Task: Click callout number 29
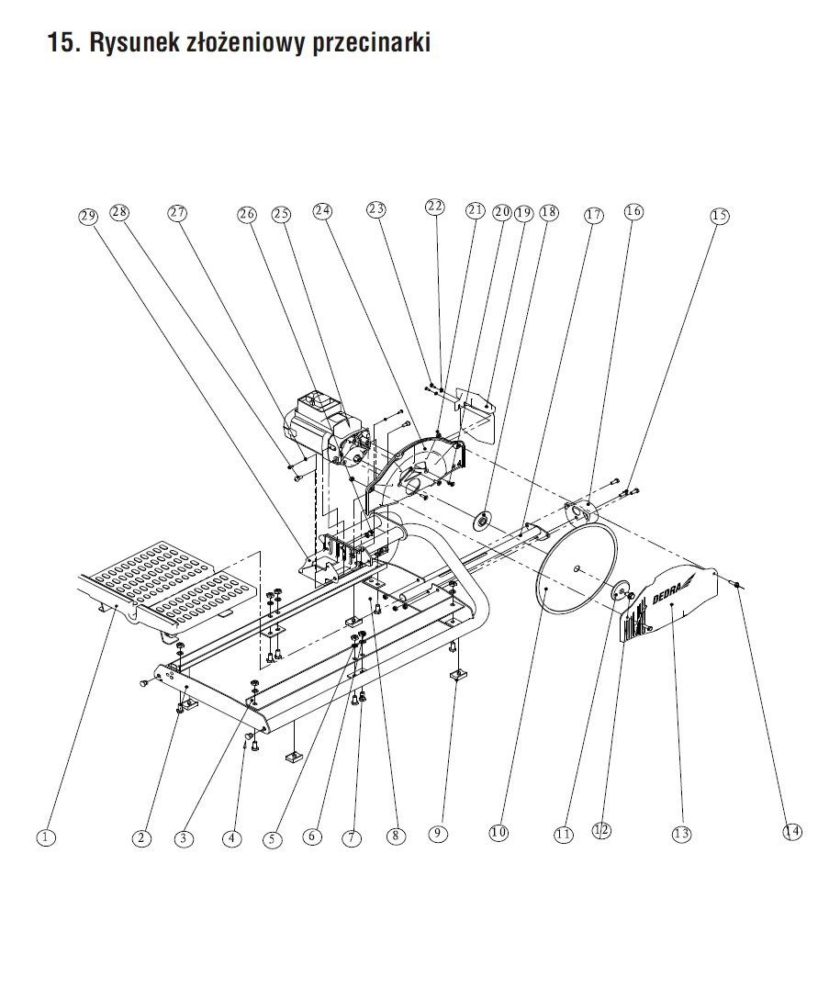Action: (x=88, y=217)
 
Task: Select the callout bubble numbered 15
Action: (x=720, y=216)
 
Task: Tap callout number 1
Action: (x=46, y=836)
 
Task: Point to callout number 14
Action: (x=791, y=831)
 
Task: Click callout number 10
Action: (x=498, y=833)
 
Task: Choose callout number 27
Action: (x=177, y=213)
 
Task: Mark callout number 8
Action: (x=395, y=836)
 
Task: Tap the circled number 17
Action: (x=593, y=216)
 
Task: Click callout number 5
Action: (x=272, y=837)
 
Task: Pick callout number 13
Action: (x=681, y=834)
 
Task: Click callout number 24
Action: (x=321, y=211)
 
